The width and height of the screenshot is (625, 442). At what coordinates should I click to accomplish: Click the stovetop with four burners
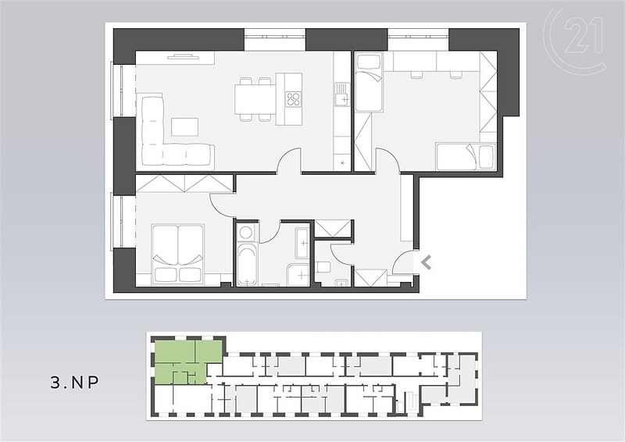(294, 99)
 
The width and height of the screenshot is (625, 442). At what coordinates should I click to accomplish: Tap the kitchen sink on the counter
(341, 94)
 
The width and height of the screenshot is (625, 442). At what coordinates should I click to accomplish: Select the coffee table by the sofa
(184, 127)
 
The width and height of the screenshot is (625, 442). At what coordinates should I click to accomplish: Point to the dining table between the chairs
(255, 99)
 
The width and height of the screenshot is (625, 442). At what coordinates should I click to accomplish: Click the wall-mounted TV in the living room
(184, 57)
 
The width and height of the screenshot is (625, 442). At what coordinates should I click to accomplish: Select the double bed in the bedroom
(177, 255)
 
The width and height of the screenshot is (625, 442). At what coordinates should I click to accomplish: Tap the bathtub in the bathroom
(248, 265)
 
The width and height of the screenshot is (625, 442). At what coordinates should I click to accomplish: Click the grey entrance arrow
(426, 262)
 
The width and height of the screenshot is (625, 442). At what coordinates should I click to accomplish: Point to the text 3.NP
(74, 383)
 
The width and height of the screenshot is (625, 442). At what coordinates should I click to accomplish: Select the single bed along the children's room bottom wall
(465, 156)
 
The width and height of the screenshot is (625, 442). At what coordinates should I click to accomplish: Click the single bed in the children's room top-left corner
(369, 83)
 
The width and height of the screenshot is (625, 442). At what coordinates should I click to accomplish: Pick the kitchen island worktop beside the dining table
(289, 99)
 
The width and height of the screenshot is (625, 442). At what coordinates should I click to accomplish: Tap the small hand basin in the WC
(341, 282)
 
